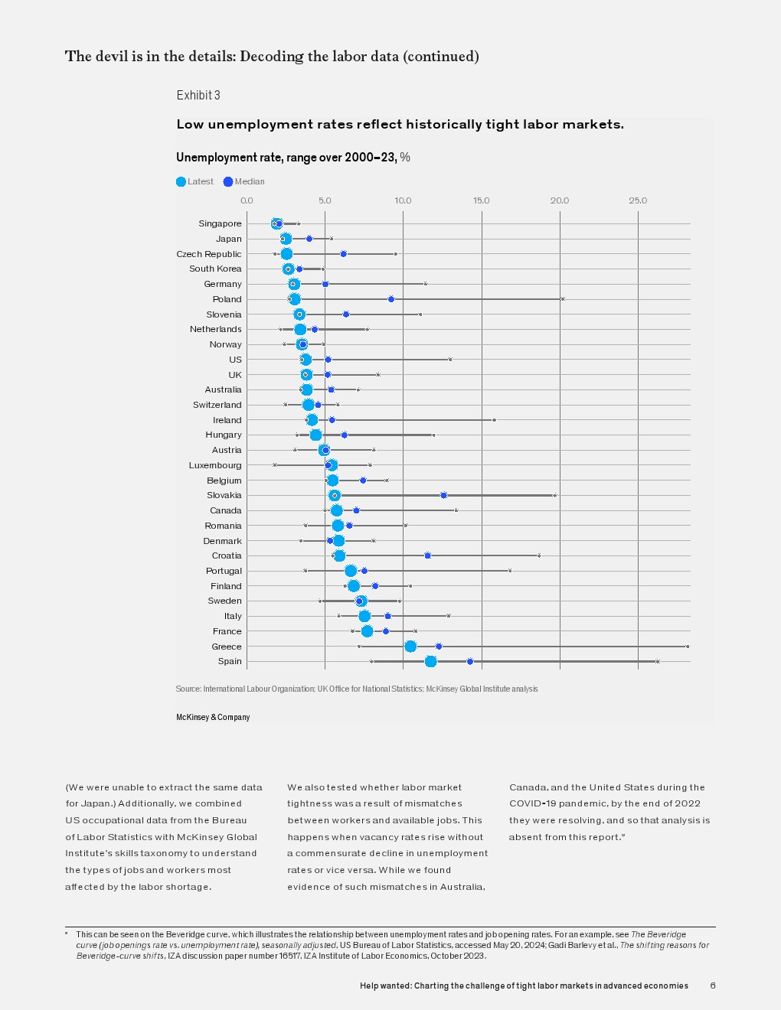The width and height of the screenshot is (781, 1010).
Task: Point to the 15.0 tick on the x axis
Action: click(481, 200)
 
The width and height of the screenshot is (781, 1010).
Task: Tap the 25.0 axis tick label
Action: click(638, 200)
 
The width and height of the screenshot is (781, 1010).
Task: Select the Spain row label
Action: click(229, 662)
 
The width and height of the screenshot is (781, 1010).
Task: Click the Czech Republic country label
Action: click(208, 254)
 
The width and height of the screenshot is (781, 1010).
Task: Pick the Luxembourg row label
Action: click(214, 465)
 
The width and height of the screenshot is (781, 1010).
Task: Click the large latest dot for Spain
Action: click(430, 662)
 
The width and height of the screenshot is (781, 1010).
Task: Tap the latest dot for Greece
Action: click(410, 647)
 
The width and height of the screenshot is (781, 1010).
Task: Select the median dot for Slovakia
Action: click(443, 496)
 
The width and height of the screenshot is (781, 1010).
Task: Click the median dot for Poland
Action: click(391, 299)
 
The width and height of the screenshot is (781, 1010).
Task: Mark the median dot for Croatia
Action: click(427, 555)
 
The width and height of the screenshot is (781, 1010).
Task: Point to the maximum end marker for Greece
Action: click(688, 647)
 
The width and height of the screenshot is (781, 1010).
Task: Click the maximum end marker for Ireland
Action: click(494, 420)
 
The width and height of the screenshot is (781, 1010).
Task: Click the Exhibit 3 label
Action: click(198, 96)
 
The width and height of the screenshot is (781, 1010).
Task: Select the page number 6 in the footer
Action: click(713, 986)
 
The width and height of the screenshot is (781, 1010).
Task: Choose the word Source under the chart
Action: click(188, 689)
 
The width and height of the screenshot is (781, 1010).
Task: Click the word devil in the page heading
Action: click(112, 57)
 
